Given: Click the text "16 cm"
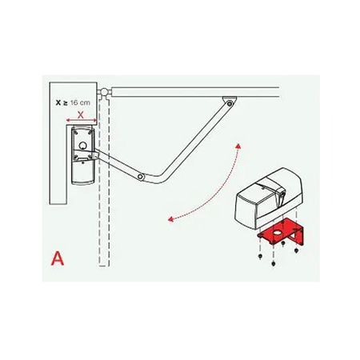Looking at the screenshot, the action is click(x=80, y=102).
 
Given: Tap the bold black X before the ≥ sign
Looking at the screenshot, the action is click(x=58, y=102).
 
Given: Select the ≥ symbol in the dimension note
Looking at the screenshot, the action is click(x=65, y=103).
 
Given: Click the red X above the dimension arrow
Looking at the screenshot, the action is click(x=81, y=115).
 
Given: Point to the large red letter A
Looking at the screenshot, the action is click(x=58, y=258).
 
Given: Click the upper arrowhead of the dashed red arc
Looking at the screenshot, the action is click(x=238, y=146).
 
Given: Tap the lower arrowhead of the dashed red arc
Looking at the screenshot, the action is click(x=170, y=219).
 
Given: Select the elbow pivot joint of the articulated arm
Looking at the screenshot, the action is click(x=141, y=176).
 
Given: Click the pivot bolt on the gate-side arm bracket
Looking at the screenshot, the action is click(x=229, y=103).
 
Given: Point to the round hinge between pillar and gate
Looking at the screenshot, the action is click(x=104, y=93).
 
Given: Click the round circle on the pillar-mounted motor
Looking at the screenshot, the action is click(x=82, y=146).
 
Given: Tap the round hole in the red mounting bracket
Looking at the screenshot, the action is click(x=278, y=233).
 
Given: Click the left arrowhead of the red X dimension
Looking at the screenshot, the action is click(x=68, y=120).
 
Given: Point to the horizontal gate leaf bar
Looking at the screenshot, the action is click(x=195, y=92).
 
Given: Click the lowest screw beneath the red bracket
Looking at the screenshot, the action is click(x=273, y=264).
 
